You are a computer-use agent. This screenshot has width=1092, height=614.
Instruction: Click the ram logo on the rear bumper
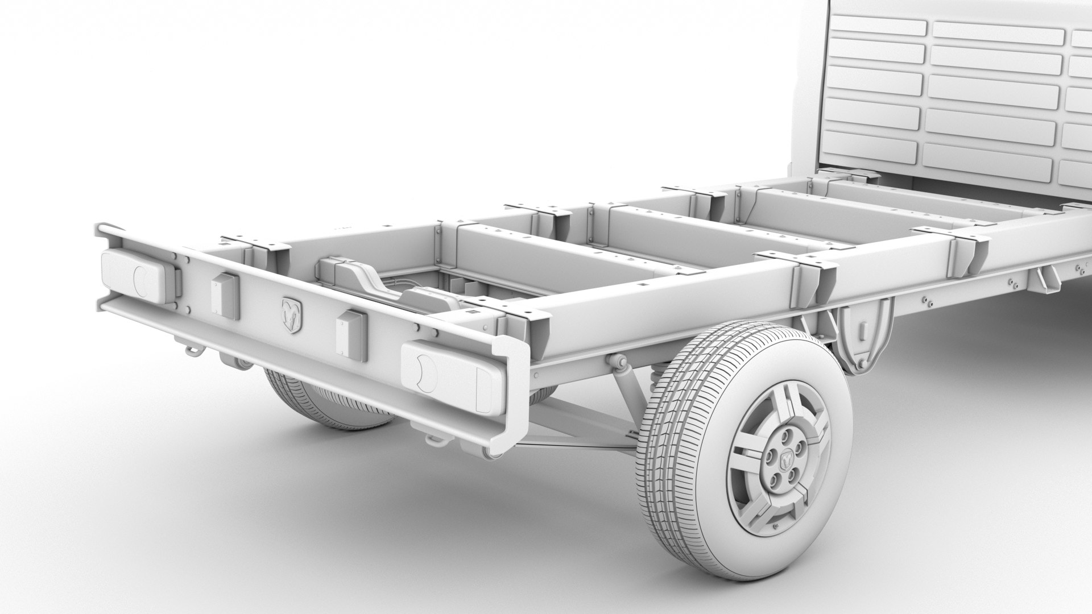(x=292, y=316)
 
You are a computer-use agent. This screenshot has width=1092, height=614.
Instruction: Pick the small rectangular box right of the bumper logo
(x=351, y=335)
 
